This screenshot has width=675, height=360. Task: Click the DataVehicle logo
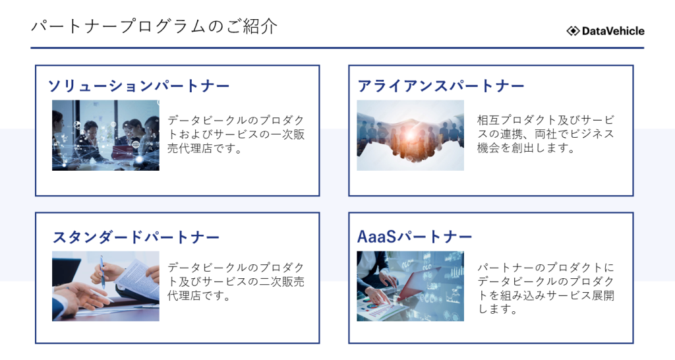(605, 31)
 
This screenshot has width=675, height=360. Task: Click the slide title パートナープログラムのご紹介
(154, 26)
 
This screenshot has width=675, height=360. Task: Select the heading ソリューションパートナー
(138, 86)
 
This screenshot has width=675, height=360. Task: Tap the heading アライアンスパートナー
(441, 86)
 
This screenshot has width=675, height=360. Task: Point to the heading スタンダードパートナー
(136, 237)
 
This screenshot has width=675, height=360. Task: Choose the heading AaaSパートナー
(415, 237)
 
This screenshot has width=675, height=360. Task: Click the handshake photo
(410, 135)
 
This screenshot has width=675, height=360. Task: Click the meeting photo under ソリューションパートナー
(105, 135)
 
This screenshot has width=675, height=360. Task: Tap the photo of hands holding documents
(105, 286)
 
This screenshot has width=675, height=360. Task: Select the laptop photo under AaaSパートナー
(410, 286)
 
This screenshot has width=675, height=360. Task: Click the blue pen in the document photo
(102, 271)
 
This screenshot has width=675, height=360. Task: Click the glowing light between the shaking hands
(410, 135)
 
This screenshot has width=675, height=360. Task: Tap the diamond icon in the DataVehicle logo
(573, 31)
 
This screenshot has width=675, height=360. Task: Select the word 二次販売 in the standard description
(281, 282)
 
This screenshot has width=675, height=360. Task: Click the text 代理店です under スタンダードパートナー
(199, 295)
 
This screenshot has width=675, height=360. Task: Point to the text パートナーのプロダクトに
(546, 268)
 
